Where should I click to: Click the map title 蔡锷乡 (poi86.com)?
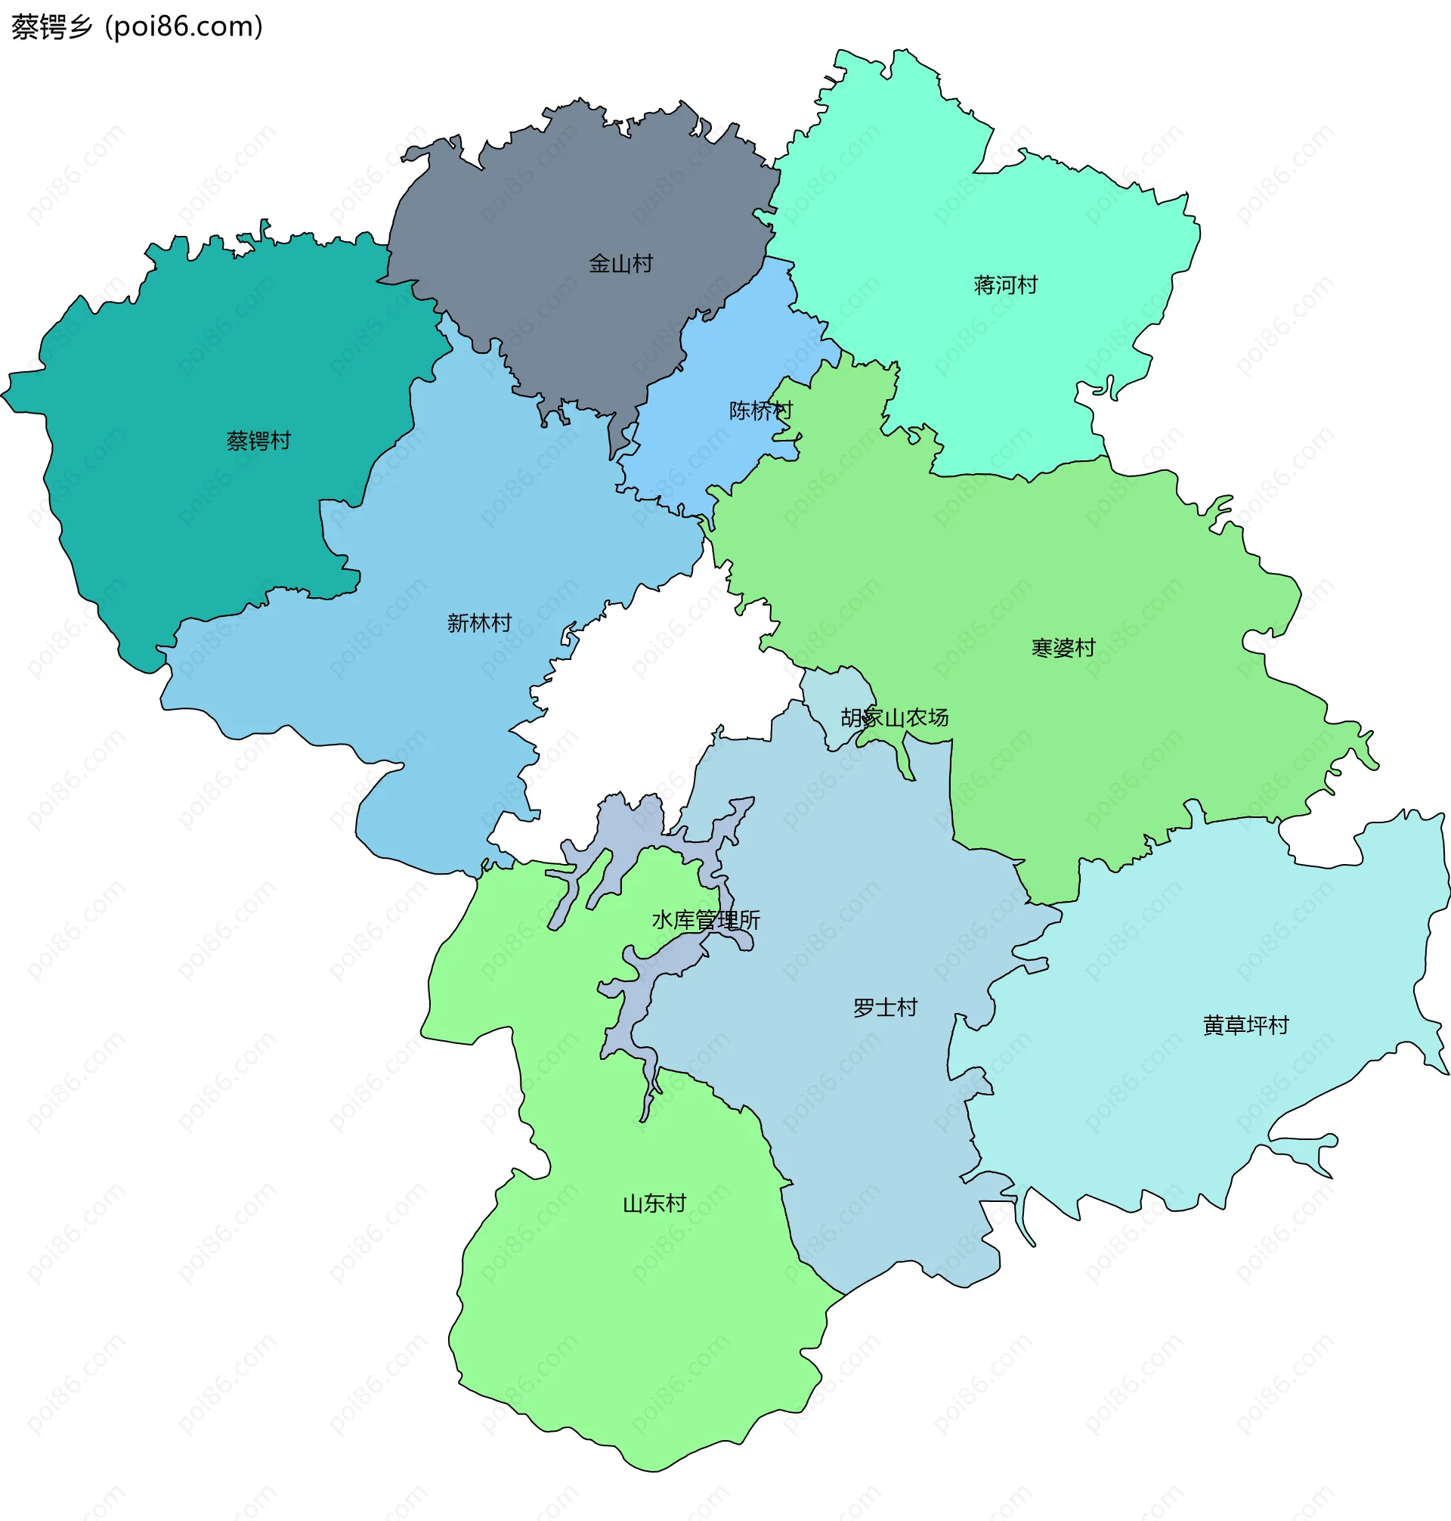[x=137, y=27]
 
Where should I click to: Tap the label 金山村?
[x=620, y=264]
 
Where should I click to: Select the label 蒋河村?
[x=1004, y=286]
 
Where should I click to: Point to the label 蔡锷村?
[x=258, y=441]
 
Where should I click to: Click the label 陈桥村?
[x=760, y=410]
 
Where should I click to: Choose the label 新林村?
[x=479, y=623]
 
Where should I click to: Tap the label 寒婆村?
[x=1063, y=648]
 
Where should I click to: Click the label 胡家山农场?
[x=894, y=718]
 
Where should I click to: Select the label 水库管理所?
[x=705, y=920]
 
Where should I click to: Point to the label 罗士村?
[x=885, y=1007]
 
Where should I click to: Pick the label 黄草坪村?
[x=1245, y=1025]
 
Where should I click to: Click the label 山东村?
[x=654, y=1203]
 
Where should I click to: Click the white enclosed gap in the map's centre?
[x=657, y=696]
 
